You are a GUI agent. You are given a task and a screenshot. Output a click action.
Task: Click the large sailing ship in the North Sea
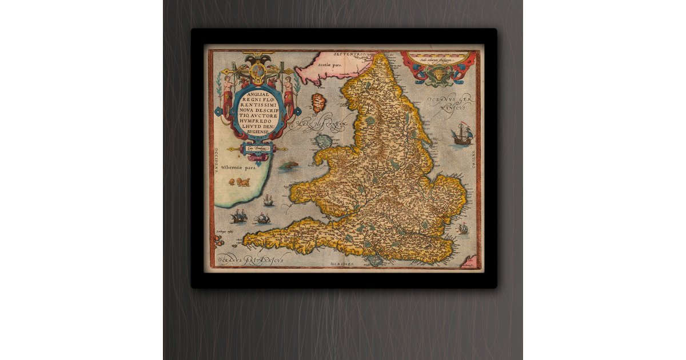click(x=462, y=136)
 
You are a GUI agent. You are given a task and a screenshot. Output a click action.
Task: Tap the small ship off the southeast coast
click(x=462, y=230)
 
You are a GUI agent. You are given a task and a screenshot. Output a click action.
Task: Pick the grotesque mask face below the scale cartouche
click(x=438, y=76)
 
